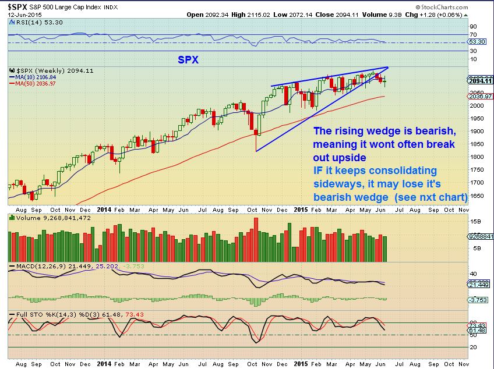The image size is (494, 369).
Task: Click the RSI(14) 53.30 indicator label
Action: click(x=30, y=21)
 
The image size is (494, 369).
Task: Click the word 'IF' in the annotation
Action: click(x=319, y=171)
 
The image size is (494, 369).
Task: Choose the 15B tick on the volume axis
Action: click(x=475, y=222)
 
